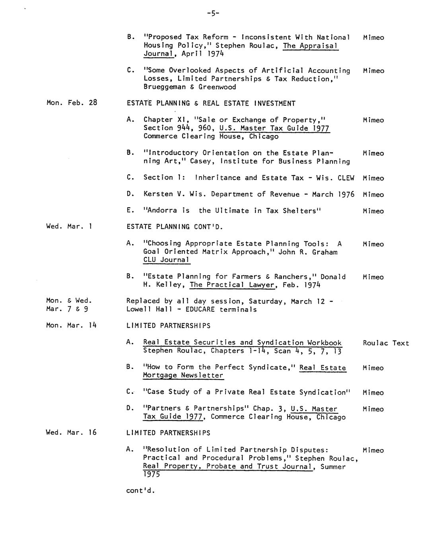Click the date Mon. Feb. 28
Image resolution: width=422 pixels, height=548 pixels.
tap(72, 102)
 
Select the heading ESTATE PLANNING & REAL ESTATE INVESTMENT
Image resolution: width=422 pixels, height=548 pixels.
tap(211, 103)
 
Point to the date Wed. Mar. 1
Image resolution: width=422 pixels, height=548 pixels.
tap(69, 226)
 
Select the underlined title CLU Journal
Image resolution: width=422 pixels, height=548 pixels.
tap(166, 260)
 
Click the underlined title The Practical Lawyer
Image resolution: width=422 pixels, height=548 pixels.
tap(232, 285)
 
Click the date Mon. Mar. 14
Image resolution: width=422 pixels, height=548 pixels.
tap(72, 325)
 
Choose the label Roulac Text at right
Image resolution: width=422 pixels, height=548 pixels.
tap(386, 343)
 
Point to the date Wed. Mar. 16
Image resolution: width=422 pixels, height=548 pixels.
tap(71, 432)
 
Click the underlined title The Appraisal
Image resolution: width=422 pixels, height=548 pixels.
tap(310, 46)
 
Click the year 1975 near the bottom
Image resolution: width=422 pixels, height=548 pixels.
tap(152, 475)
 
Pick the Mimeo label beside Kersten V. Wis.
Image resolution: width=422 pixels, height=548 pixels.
tap(373, 195)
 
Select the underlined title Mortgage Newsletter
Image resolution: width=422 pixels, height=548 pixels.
tap(183, 375)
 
